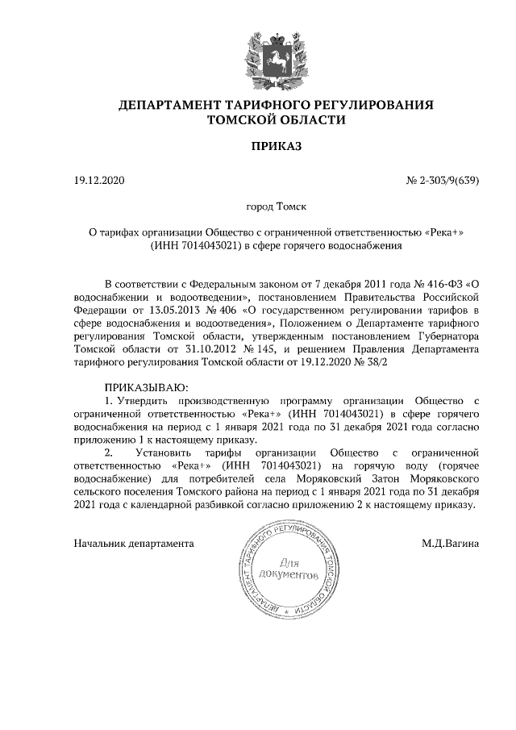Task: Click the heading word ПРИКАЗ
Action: click(277, 146)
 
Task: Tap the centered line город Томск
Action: click(277, 207)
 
